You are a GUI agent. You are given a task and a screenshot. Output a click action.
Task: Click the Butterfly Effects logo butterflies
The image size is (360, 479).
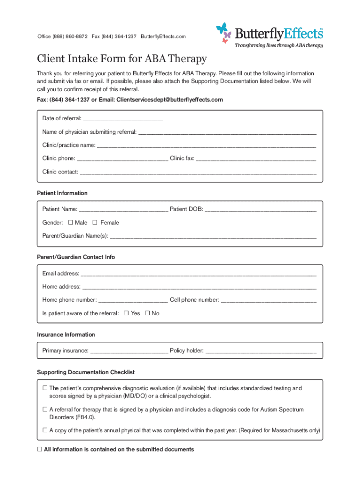coord(224,32)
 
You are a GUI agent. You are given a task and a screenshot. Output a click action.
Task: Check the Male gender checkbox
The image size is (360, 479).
coord(71,223)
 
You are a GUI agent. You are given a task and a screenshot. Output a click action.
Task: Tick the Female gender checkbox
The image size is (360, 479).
coord(95,223)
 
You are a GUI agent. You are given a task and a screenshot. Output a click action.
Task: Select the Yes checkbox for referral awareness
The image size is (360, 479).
coord(126,313)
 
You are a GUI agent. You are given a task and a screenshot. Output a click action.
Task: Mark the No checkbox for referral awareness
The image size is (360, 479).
coord(147,313)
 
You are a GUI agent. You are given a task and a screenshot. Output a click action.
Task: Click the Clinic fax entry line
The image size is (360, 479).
coord(256,159)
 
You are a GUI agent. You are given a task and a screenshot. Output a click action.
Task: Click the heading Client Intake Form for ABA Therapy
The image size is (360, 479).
coord(122,59)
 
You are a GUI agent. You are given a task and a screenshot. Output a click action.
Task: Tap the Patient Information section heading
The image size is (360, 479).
coord(62,193)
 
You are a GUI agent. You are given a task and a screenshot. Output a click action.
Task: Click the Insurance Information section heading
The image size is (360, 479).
coord(66,334)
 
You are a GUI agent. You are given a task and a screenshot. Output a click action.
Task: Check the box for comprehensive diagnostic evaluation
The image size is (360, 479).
coord(45,388)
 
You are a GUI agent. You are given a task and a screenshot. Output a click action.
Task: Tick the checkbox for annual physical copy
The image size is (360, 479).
coord(45,430)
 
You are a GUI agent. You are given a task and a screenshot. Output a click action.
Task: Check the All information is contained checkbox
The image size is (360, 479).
coord(40,450)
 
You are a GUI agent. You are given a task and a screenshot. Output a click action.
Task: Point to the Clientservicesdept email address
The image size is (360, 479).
coord(170,100)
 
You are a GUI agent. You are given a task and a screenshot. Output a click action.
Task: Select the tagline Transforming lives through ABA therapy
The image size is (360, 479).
coord(279,45)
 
